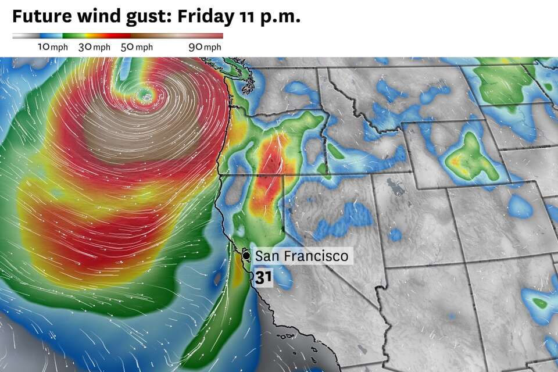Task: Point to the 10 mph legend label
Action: pyautogui.click(x=52, y=47)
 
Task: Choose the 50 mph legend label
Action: pyautogui.click(x=137, y=47)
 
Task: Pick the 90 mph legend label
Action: pyautogui.click(x=205, y=47)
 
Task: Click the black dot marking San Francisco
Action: pyautogui.click(x=246, y=256)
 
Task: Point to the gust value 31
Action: pyautogui.click(x=263, y=278)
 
